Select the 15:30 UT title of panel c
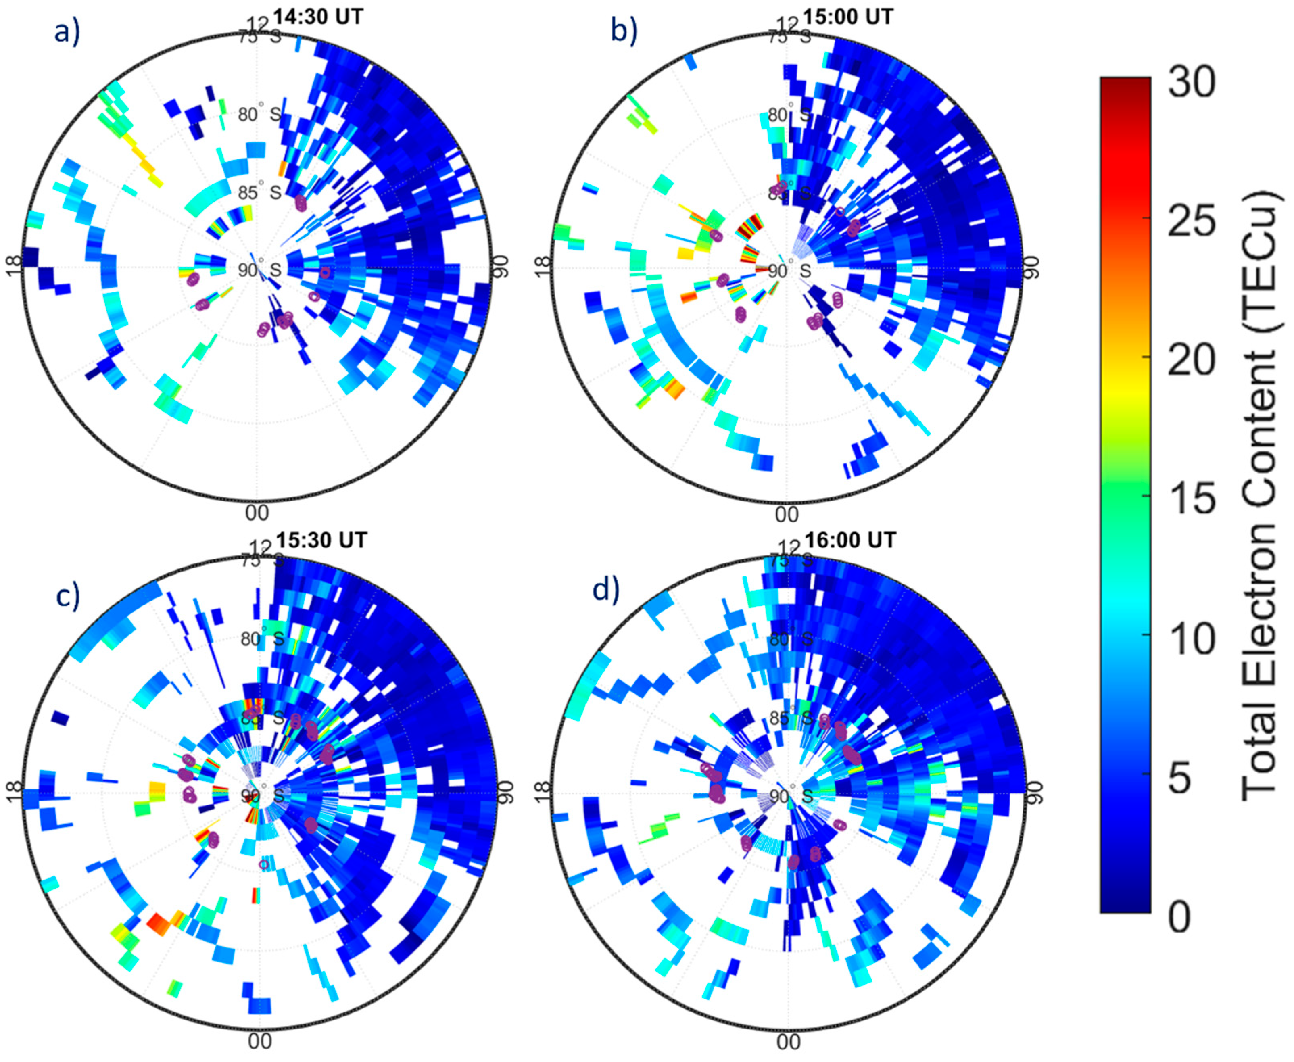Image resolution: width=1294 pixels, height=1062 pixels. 321,540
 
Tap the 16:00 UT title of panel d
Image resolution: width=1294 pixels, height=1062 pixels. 850,540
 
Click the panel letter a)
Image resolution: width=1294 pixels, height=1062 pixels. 67,32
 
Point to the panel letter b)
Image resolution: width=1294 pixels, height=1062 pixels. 624,32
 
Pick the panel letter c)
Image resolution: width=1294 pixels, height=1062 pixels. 68,597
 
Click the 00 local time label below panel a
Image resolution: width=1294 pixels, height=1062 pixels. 257,513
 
